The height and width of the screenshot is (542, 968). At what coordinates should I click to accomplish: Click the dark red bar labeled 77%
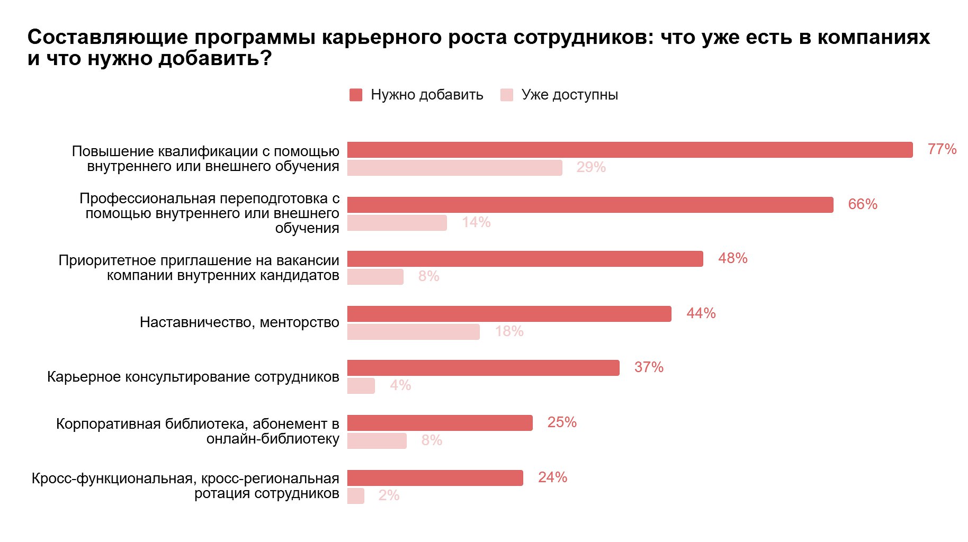pyautogui.click(x=630, y=150)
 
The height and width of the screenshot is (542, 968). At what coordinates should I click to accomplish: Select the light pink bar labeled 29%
pyautogui.click(x=455, y=168)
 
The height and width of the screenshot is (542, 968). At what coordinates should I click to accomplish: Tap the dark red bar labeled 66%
pyautogui.click(x=590, y=205)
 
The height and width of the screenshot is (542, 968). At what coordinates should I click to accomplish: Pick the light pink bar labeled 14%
pyautogui.click(x=397, y=223)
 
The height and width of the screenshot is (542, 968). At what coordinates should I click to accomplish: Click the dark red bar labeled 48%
pyautogui.click(x=525, y=259)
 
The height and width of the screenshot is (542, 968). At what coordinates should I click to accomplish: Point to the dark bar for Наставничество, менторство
pyautogui.click(x=509, y=314)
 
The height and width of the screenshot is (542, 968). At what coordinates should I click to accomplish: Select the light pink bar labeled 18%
pyautogui.click(x=414, y=332)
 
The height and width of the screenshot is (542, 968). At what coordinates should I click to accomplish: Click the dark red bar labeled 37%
pyautogui.click(x=483, y=368)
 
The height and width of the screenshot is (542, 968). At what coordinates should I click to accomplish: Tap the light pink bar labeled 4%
pyautogui.click(x=361, y=386)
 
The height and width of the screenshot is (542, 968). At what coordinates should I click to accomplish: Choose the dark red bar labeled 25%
pyautogui.click(x=440, y=423)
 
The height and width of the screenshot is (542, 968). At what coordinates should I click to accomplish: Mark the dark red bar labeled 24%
pyautogui.click(x=435, y=478)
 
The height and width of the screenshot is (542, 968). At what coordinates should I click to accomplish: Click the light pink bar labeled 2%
pyautogui.click(x=356, y=496)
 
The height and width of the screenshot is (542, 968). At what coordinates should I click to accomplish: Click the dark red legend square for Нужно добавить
pyautogui.click(x=356, y=95)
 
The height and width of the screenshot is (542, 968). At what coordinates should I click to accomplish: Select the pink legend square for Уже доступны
pyautogui.click(x=507, y=95)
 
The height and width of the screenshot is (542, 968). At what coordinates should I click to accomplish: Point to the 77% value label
pyautogui.click(x=942, y=149)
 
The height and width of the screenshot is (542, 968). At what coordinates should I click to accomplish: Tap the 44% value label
pyautogui.click(x=701, y=313)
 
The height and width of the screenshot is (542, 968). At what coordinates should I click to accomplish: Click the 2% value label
pyautogui.click(x=389, y=495)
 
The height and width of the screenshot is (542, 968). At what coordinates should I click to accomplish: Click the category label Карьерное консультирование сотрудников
pyautogui.click(x=193, y=377)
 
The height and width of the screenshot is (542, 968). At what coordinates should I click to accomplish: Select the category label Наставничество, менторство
pyautogui.click(x=239, y=322)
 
